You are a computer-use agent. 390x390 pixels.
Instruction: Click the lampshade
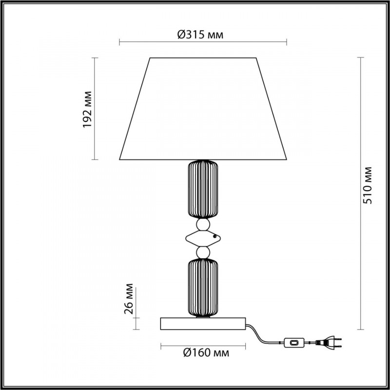[203, 110]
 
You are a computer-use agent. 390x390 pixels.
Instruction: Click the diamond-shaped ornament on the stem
[203, 238]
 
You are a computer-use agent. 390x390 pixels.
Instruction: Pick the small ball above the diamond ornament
[203, 224]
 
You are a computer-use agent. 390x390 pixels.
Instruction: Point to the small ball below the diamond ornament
[203, 253]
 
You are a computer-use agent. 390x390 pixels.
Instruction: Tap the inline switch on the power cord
[294, 343]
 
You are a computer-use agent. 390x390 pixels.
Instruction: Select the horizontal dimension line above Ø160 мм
[203, 345]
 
